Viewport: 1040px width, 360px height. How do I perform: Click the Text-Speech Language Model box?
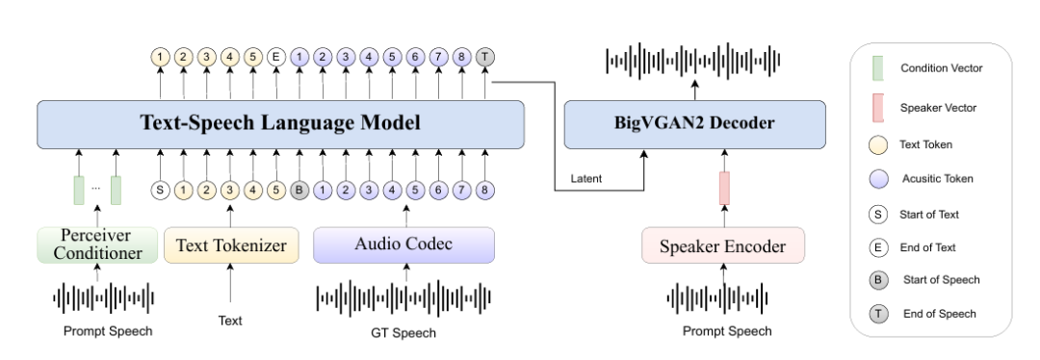(280, 124)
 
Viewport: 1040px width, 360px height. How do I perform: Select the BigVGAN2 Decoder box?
(694, 124)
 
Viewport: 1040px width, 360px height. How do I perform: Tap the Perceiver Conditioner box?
(97, 244)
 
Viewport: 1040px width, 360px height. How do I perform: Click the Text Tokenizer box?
(231, 244)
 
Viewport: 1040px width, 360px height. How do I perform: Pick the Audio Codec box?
(403, 244)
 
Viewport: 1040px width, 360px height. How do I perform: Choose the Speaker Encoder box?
(723, 245)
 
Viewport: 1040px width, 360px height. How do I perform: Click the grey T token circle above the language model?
(484, 57)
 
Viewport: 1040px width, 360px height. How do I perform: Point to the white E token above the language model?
(276, 57)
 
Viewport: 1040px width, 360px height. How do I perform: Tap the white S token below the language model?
(160, 191)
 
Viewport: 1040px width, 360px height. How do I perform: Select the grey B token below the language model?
(299, 191)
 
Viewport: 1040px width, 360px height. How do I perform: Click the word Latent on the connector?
(586, 178)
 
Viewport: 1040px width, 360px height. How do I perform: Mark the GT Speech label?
(403, 333)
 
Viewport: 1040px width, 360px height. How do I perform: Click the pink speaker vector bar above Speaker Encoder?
(724, 189)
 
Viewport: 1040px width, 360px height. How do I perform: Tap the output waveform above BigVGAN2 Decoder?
(693, 61)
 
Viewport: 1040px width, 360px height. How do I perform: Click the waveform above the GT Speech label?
(403, 297)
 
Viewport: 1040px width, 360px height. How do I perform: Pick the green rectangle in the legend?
(877, 68)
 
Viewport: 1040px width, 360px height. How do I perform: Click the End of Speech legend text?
(939, 314)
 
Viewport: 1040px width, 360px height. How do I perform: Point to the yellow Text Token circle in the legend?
(878, 144)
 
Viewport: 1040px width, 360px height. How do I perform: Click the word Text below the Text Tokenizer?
(230, 321)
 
